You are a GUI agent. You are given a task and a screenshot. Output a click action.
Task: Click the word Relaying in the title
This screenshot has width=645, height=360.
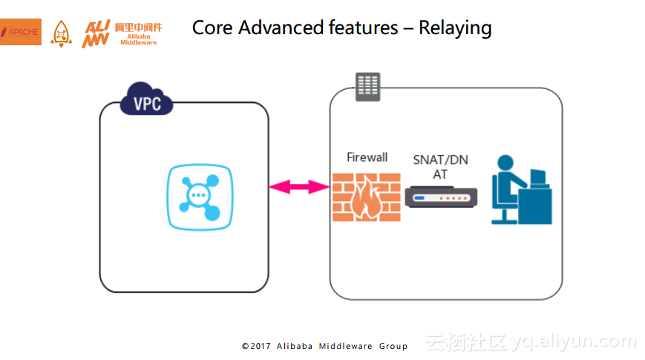455,28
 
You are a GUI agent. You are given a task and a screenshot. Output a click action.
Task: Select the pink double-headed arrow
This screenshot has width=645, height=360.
299,187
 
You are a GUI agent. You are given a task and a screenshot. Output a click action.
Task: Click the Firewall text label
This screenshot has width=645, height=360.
367,157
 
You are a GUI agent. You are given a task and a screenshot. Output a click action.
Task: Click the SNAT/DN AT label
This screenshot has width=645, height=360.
441,166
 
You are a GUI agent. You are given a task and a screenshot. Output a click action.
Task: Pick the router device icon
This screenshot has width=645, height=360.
441,197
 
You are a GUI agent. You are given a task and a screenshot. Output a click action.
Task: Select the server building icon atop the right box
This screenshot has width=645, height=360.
367,87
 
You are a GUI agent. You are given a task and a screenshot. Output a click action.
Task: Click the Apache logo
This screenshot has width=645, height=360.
21,32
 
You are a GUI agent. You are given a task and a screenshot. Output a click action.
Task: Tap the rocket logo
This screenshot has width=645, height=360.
62,33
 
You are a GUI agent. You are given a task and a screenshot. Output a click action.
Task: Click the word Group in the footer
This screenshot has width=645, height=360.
393,346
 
